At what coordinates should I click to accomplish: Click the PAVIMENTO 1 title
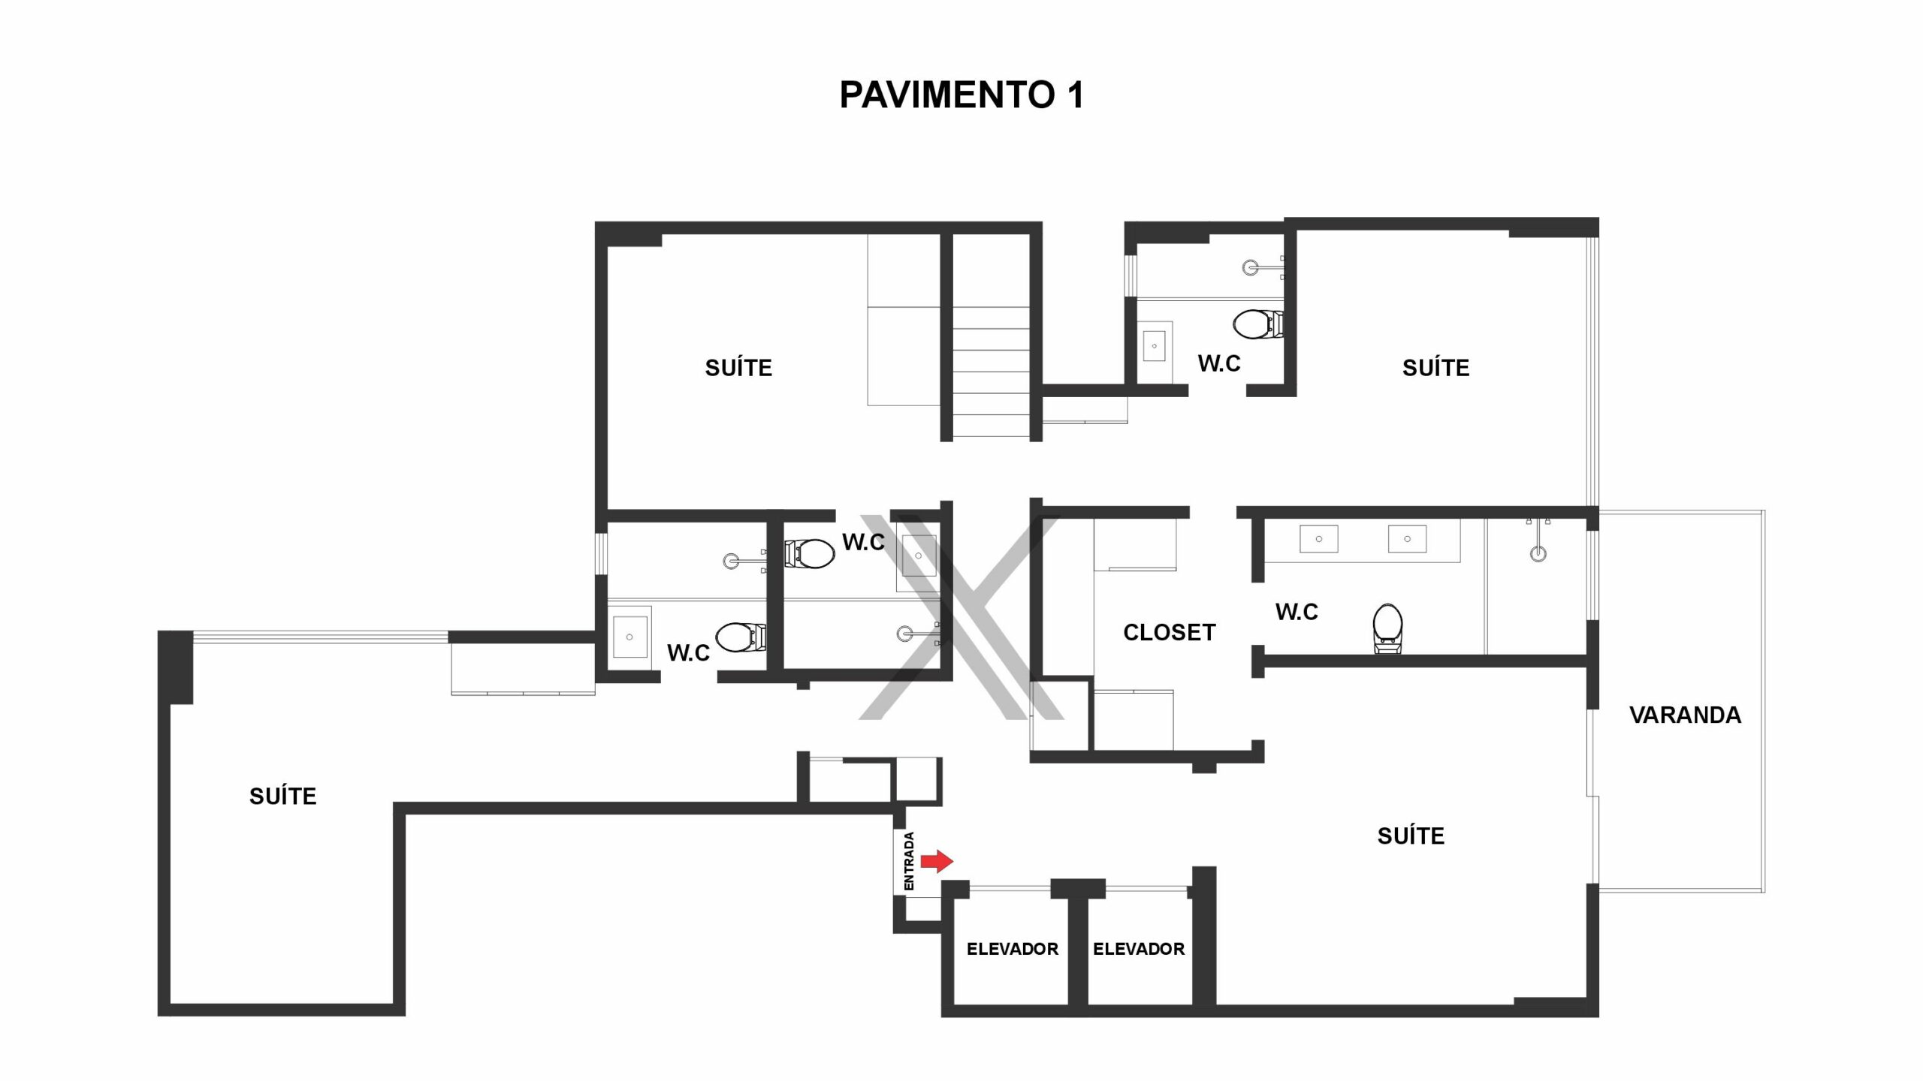coord(961,95)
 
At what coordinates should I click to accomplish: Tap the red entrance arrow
coord(937,861)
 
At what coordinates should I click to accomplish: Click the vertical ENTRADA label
coord(909,861)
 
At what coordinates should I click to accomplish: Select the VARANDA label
coord(1685,715)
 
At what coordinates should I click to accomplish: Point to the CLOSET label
coord(1170,633)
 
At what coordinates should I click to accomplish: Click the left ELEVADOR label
coord(1013,949)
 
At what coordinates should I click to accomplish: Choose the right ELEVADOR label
coord(1139,949)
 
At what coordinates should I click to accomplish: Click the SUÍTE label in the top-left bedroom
coord(738,368)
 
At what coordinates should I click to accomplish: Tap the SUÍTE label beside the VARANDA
coord(1411,836)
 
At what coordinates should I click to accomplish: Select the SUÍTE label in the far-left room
coord(283,796)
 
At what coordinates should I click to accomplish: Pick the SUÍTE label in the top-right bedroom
coord(1435,368)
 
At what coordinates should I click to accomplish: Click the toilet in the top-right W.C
coord(1258,324)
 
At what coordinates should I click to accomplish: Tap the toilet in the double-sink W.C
coord(1387,628)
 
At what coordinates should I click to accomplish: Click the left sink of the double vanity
coord(1319,539)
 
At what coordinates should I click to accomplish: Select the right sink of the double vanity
coord(1407,539)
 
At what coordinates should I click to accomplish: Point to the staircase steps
coord(992,372)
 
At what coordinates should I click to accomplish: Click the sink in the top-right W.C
coord(1155,346)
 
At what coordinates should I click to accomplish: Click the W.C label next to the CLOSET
coord(1297,612)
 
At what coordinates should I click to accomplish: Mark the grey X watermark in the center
coord(961,617)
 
